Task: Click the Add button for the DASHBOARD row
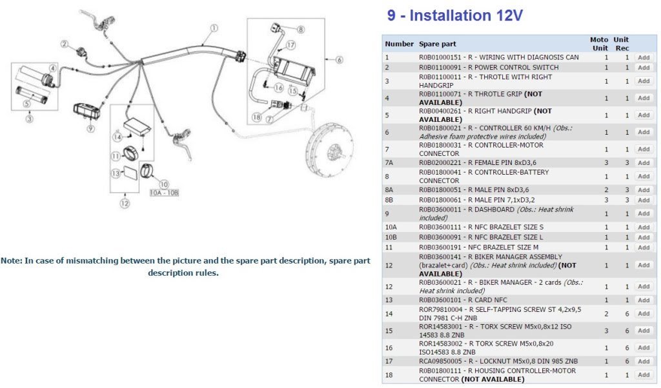tap(643, 213)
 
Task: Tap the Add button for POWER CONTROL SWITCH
tap(643, 67)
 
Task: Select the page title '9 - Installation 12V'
tap(454, 15)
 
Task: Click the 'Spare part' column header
tap(437, 44)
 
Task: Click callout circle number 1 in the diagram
tap(214, 28)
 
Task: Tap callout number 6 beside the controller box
tap(340, 60)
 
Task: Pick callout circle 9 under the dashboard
tap(90, 128)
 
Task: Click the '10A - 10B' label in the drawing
tap(164, 192)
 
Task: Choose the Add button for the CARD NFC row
tap(643, 300)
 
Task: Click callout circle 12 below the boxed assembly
tap(125, 204)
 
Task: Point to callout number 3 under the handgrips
tap(30, 118)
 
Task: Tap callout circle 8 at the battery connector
tap(300, 30)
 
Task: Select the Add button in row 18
tap(643, 374)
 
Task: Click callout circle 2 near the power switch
tap(65, 44)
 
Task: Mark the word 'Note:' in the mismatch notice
tap(12, 261)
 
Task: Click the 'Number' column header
tap(399, 44)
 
